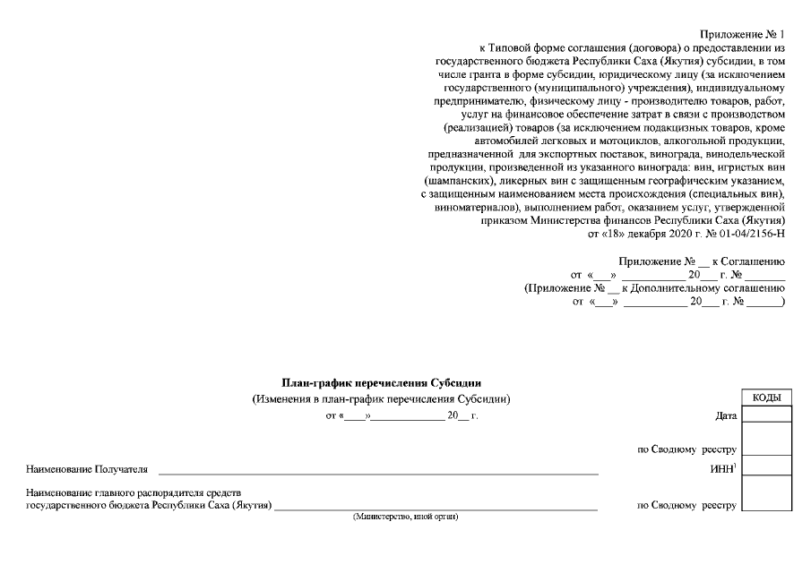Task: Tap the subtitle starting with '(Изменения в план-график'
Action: pyautogui.click(x=382, y=399)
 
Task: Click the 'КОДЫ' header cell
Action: pyautogui.click(x=766, y=398)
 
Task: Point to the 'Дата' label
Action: pyautogui.click(x=726, y=416)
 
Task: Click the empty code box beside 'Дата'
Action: pyautogui.click(x=766, y=414)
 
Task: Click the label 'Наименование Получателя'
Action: pyautogui.click(x=87, y=468)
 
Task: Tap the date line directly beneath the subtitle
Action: pyautogui.click(x=402, y=416)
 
